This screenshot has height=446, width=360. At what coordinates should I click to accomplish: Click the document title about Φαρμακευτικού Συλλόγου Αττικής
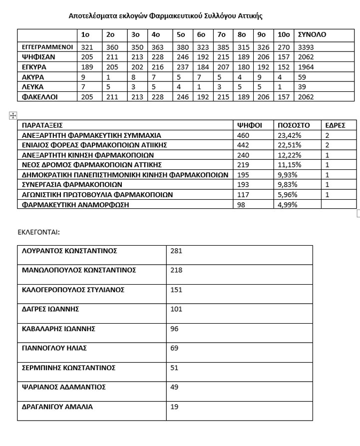pyautogui.click(x=165, y=16)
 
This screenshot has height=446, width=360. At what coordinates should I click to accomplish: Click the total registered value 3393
pyautogui.click(x=306, y=47)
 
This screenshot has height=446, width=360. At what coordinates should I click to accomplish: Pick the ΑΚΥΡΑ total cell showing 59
pyautogui.click(x=302, y=77)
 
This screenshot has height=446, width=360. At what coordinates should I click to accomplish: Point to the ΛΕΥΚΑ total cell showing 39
pyautogui.click(x=302, y=87)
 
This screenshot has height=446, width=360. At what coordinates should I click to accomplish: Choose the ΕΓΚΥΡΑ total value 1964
pyautogui.click(x=306, y=67)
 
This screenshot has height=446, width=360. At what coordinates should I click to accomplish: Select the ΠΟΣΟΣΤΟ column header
pyautogui.click(x=294, y=125)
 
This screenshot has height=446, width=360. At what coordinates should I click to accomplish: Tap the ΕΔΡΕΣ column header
pyautogui.click(x=335, y=125)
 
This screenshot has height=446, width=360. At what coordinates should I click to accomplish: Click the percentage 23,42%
pyautogui.click(x=290, y=135)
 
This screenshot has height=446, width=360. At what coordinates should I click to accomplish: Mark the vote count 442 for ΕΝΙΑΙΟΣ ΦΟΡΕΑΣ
pyautogui.click(x=242, y=145)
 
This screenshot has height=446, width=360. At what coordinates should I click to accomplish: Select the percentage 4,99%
pyautogui.click(x=288, y=205)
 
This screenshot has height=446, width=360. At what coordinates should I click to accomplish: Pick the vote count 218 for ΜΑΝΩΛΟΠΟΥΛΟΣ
pyautogui.click(x=176, y=270)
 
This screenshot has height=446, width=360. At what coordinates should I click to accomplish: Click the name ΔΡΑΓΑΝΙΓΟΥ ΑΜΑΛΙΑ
pyautogui.click(x=57, y=407)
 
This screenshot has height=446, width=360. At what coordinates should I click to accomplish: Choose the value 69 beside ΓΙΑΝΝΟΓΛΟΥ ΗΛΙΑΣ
pyautogui.click(x=174, y=348)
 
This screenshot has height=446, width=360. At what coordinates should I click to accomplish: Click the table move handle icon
pyautogui.click(x=13, y=116)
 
